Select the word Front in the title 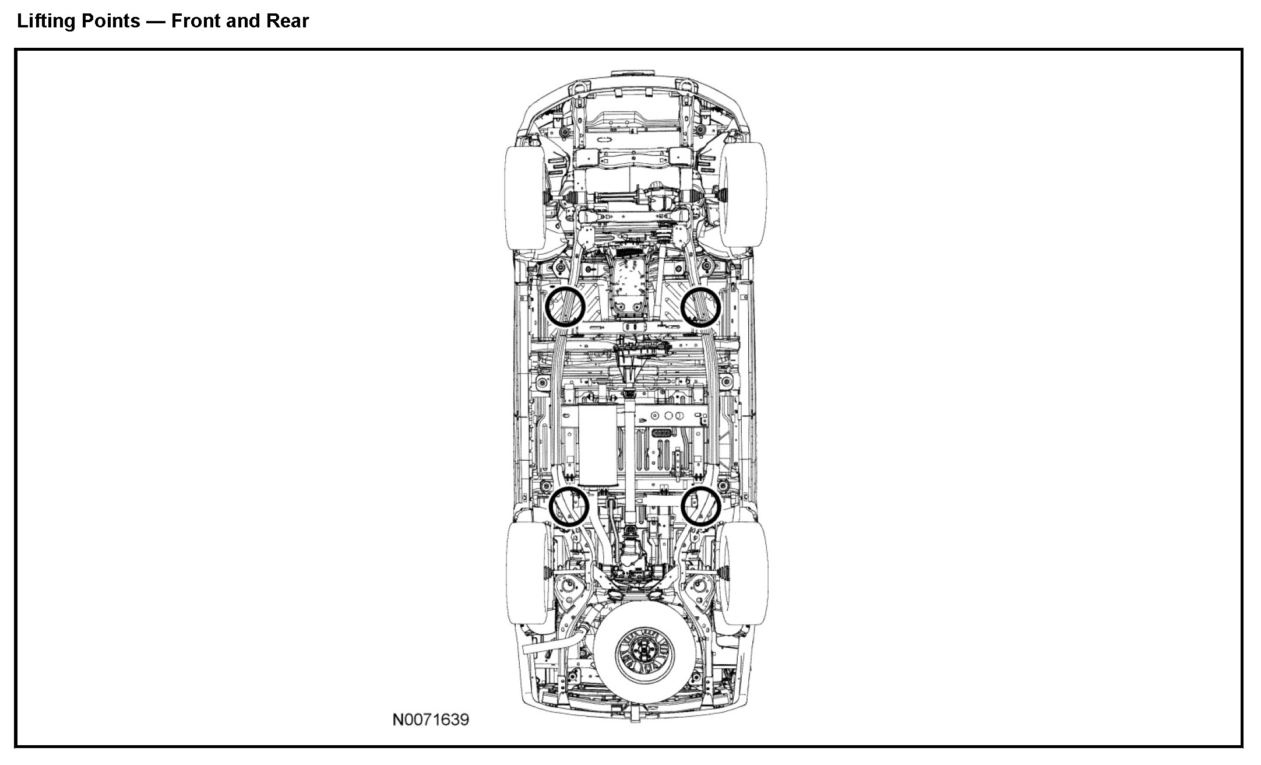click(195, 22)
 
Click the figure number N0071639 click(431, 720)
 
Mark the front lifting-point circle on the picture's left click(156, 306)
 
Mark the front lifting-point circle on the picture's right click(701, 306)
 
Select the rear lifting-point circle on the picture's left click(161, 506)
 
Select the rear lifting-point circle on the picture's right click(701, 506)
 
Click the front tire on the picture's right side click(744, 196)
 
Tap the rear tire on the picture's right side click(745, 573)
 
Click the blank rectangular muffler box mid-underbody click(597, 445)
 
